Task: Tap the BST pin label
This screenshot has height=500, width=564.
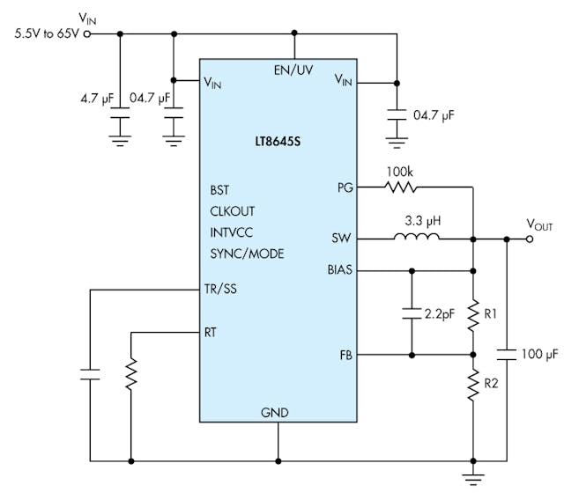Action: (220, 189)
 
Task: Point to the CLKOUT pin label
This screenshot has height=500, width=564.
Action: (234, 210)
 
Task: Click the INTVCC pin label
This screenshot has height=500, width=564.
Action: (232, 232)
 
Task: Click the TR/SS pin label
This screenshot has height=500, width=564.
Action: (220, 290)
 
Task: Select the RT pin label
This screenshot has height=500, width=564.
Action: (211, 332)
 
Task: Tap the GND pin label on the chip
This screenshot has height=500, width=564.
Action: (274, 412)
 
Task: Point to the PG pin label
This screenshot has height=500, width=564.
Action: (345, 187)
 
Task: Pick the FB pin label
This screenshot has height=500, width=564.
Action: (345, 355)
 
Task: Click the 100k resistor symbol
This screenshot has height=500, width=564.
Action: (400, 187)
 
